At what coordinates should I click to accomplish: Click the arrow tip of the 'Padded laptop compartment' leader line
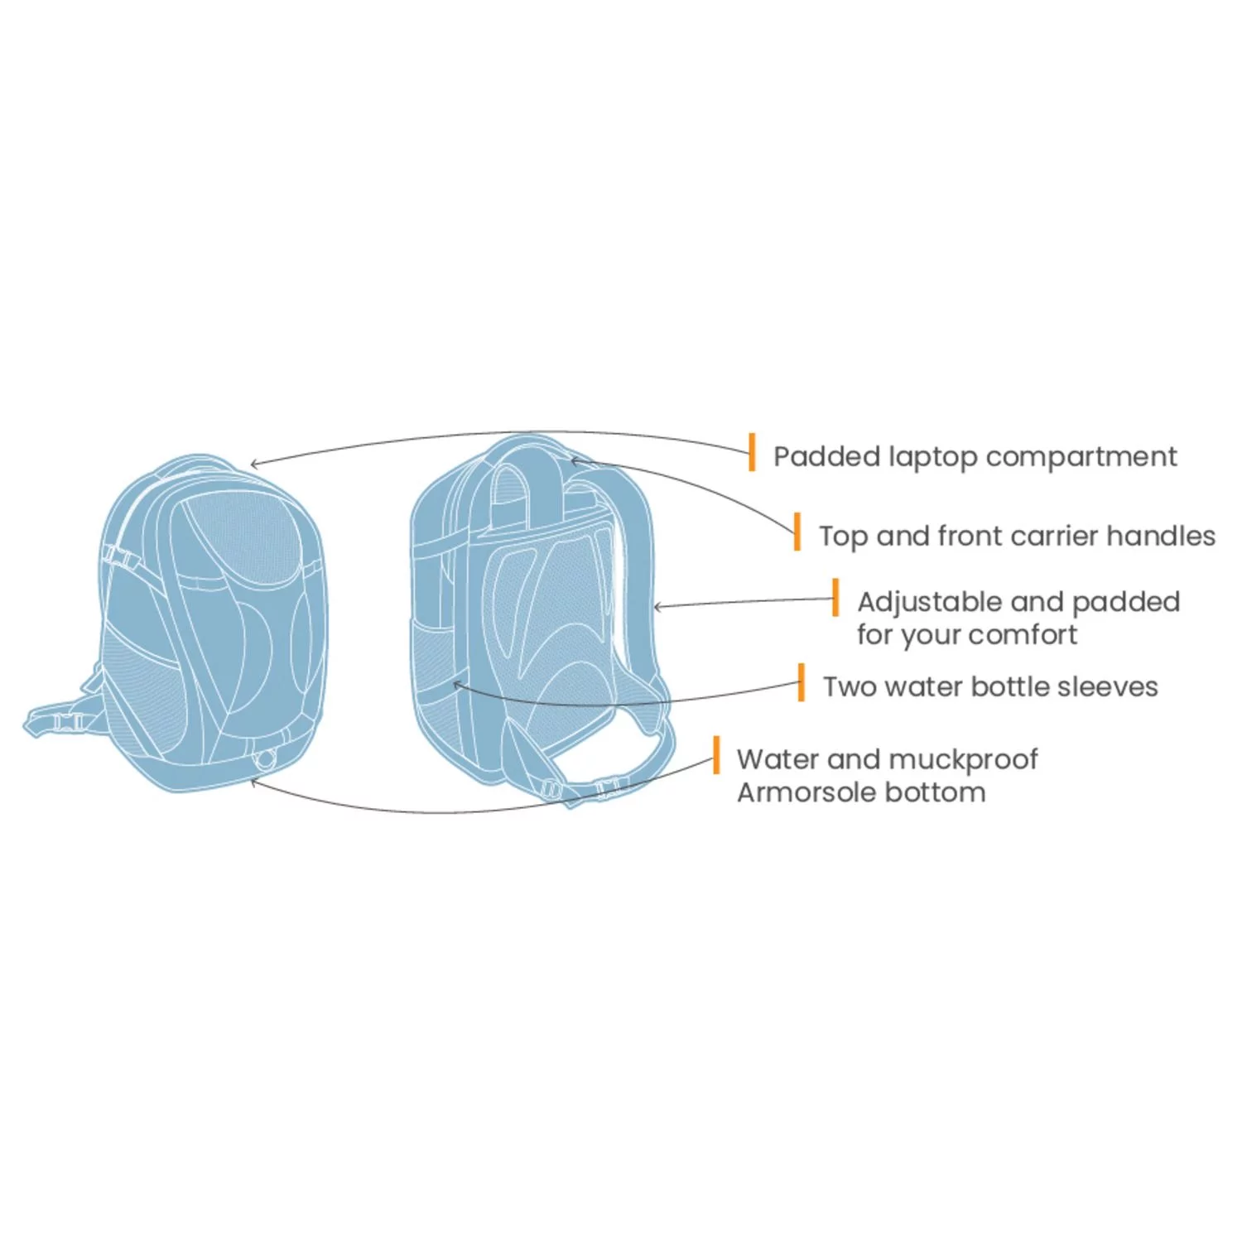tap(250, 466)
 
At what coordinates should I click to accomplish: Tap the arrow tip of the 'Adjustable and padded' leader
tap(653, 607)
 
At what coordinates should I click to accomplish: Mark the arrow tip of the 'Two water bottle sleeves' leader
tap(453, 683)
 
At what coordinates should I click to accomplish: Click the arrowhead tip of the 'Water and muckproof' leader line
tap(250, 778)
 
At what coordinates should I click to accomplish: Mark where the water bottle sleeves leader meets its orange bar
tap(798, 682)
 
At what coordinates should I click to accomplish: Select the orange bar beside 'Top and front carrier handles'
tap(797, 531)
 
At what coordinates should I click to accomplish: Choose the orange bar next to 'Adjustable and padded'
tap(835, 597)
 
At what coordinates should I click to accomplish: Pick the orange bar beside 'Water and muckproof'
tap(716, 754)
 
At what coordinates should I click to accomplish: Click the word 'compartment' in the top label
tap(1081, 457)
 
